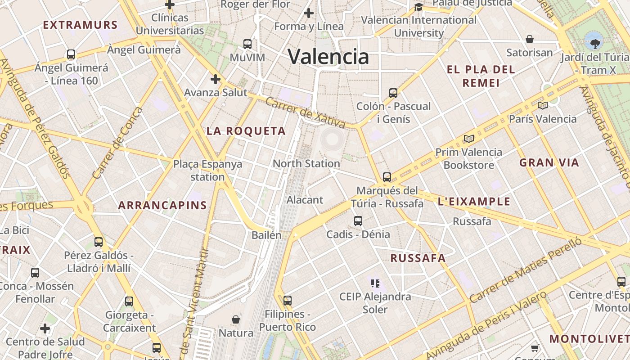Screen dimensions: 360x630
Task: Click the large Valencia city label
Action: click(328, 57)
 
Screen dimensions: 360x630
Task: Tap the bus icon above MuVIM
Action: click(247, 44)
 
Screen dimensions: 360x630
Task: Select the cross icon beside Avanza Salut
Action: click(216, 80)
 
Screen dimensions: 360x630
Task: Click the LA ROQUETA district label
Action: click(246, 131)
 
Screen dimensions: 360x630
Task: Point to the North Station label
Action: click(306, 163)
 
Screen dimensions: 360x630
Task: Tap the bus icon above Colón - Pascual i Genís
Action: click(393, 93)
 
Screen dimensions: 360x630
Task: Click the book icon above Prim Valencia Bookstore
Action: click(469, 139)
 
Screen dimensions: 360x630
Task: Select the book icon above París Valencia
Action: click(542, 106)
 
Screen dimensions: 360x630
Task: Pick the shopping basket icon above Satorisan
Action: click(530, 39)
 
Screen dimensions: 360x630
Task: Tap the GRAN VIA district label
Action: click(549, 163)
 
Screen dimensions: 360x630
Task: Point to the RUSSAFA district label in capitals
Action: click(418, 258)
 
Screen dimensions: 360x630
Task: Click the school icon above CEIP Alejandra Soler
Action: click(375, 283)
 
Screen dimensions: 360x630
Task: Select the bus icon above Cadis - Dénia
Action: click(358, 221)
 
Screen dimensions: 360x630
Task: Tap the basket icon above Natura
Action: click(235, 319)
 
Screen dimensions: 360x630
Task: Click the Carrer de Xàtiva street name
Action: click(305, 112)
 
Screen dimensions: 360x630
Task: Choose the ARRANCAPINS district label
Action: click(162, 206)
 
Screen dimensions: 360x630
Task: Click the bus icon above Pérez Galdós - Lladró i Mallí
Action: click(99, 242)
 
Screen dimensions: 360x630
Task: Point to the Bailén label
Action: click(266, 235)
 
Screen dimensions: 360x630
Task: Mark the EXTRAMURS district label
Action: click(80, 25)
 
